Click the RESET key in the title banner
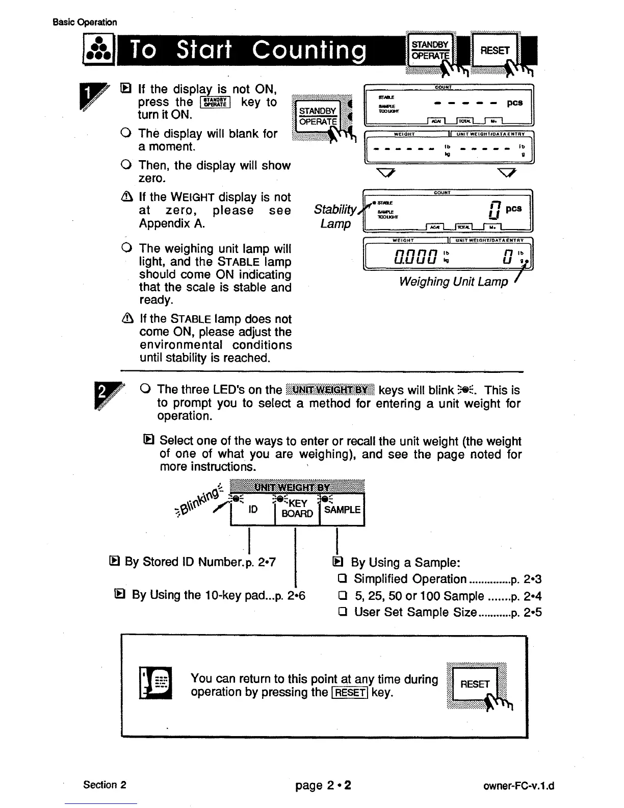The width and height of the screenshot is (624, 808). click(x=494, y=50)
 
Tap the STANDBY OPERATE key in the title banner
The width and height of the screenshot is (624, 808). click(x=430, y=50)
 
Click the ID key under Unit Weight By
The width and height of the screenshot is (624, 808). click(x=253, y=510)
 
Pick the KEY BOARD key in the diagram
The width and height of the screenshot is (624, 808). click(x=297, y=509)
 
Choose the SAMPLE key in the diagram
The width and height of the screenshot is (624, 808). click(x=342, y=510)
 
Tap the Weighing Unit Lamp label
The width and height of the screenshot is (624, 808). click(x=453, y=282)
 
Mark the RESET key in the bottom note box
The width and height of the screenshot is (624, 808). click(x=475, y=684)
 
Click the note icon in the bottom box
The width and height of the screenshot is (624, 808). click(x=157, y=684)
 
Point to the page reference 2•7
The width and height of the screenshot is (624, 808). click(x=267, y=562)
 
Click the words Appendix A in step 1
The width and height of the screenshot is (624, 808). click(x=172, y=224)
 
